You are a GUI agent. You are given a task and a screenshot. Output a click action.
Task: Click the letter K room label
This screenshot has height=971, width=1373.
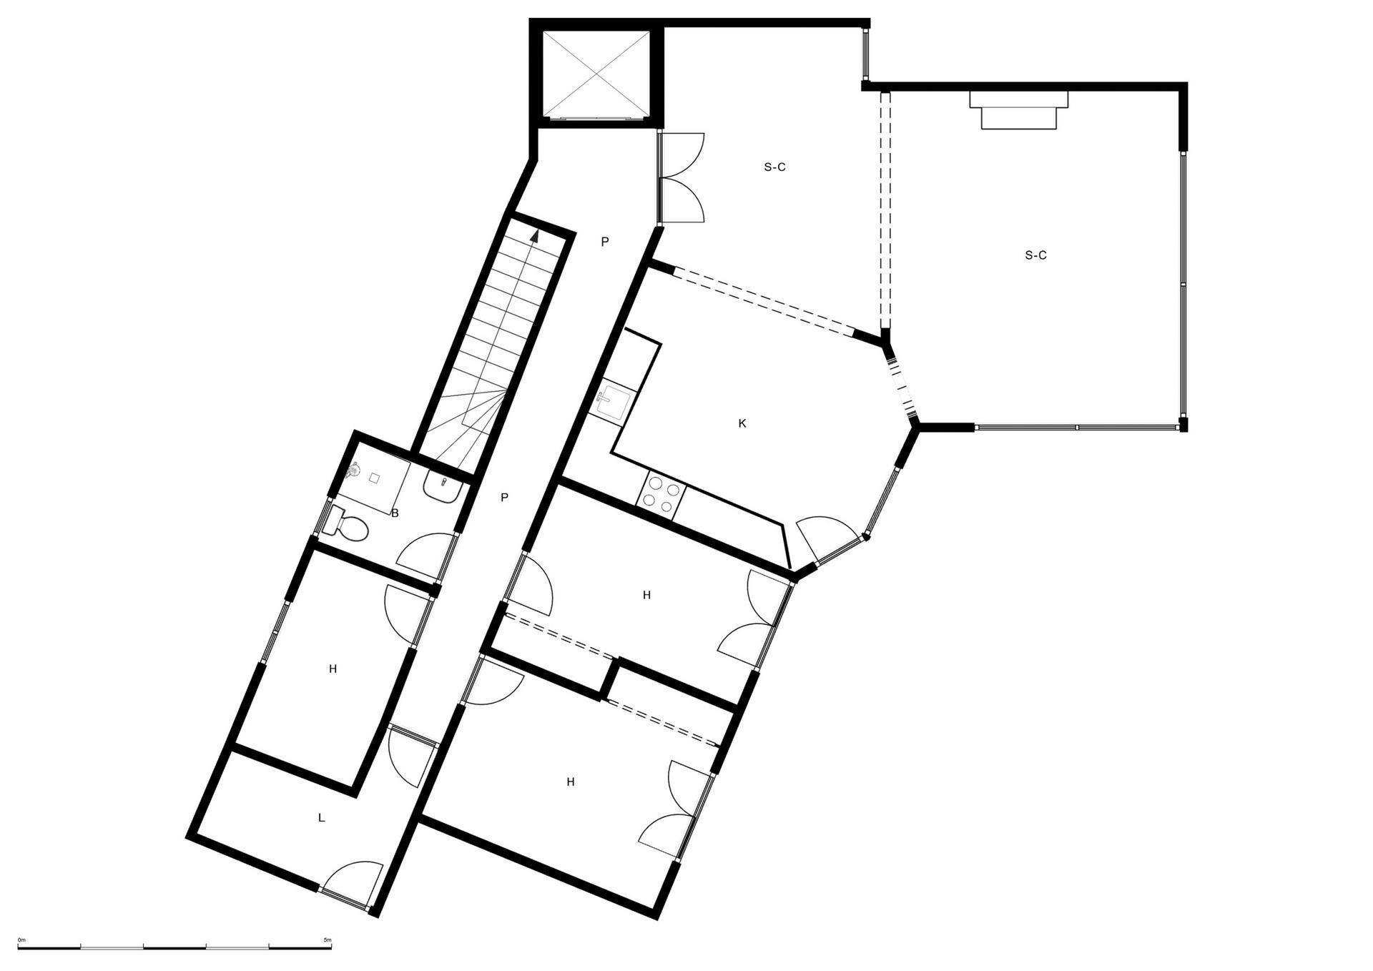coord(742,423)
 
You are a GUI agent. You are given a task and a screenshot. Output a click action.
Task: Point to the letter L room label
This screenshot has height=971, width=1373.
coord(321,817)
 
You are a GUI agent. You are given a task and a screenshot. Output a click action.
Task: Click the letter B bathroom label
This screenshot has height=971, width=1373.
coord(395,513)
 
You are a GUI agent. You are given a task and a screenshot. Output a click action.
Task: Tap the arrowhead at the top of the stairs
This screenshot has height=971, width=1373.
coord(534,237)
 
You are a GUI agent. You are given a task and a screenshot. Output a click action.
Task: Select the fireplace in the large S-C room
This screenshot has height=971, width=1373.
coord(1019,109)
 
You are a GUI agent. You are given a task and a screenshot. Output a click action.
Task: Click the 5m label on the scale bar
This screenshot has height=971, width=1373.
coord(328,940)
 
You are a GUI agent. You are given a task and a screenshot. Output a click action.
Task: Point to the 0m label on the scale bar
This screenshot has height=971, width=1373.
coord(21,940)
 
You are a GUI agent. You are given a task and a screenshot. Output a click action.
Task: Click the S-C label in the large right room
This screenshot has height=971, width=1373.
coord(1035,255)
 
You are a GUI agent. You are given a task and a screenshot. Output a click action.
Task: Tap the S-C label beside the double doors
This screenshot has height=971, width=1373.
coord(774,167)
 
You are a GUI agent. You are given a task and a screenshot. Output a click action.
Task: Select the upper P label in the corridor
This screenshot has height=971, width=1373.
coord(605,242)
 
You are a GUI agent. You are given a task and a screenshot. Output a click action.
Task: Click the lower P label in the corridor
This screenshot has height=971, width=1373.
coord(505,498)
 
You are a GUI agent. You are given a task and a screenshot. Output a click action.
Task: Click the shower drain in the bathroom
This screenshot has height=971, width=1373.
coord(374,478)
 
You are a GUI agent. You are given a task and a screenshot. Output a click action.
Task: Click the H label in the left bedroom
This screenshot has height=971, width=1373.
coord(333,669)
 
